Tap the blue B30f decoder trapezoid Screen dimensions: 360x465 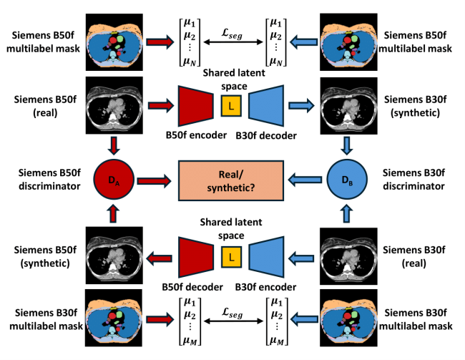point(265,107)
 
